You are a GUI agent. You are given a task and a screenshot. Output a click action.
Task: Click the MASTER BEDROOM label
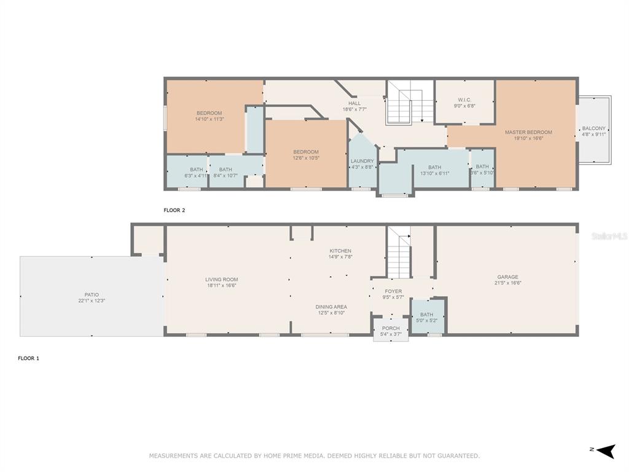pyautogui.click(x=528, y=132)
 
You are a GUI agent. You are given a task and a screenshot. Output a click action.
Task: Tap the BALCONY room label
pyautogui.click(x=594, y=128)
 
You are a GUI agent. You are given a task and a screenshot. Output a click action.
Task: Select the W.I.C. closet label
pyautogui.click(x=464, y=100)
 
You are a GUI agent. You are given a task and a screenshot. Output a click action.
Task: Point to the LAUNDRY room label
pyautogui.click(x=362, y=161)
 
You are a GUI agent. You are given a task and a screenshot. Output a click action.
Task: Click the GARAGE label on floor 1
pyautogui.click(x=508, y=277)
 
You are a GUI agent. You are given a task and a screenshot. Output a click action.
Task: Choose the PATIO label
pyautogui.click(x=92, y=294)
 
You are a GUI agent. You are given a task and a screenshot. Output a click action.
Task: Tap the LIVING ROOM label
pyautogui.click(x=222, y=280)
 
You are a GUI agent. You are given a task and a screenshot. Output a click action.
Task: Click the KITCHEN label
pyautogui.click(x=340, y=251)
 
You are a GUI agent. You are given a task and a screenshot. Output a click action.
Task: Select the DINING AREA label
pyautogui.click(x=331, y=307)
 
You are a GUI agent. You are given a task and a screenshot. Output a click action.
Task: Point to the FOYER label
pyautogui.click(x=393, y=291)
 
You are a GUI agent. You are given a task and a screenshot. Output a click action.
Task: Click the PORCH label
pyautogui.click(x=391, y=328)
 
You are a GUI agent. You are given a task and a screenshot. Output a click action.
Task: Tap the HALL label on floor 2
pyautogui.click(x=354, y=103)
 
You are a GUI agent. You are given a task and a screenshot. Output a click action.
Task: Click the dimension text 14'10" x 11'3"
pyautogui.click(x=209, y=119)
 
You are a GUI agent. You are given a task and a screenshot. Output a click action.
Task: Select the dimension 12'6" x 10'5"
pyautogui.click(x=306, y=158)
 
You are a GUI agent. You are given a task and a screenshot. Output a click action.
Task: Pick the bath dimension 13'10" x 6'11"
pyautogui.click(x=435, y=173)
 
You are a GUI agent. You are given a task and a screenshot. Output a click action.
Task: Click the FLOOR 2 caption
pyautogui.click(x=174, y=210)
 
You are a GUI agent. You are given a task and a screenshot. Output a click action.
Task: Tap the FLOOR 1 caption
pyautogui.click(x=28, y=358)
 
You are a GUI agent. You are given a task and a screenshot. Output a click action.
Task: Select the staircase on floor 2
pyautogui.click(x=410, y=103)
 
